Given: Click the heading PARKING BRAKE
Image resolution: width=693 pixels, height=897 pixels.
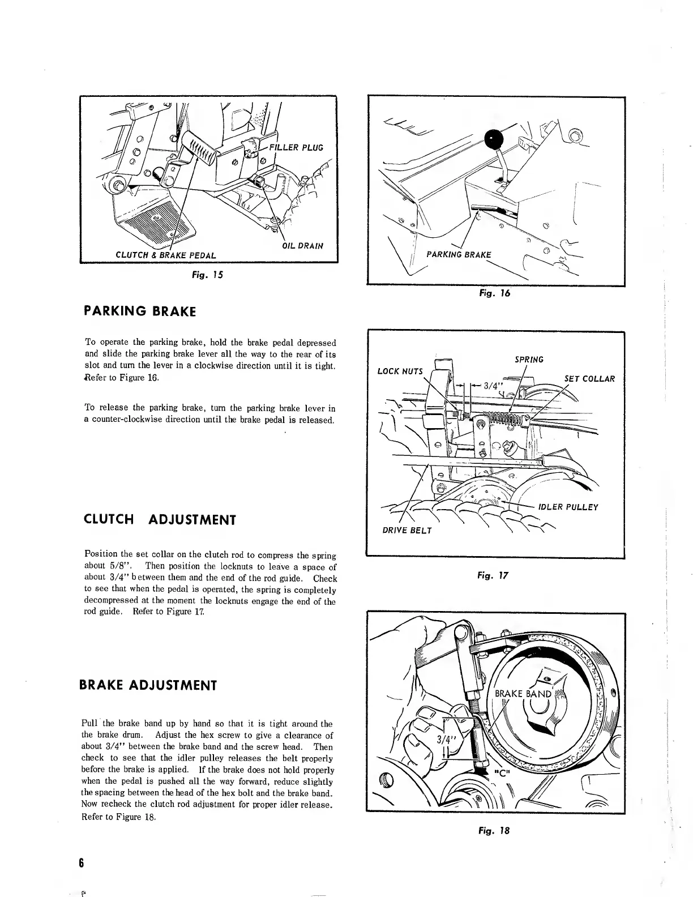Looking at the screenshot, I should click(x=140, y=311).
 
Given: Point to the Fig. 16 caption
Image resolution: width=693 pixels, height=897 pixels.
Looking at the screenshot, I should click(x=495, y=293).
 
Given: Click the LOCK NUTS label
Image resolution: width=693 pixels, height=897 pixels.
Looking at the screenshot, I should click(x=400, y=371).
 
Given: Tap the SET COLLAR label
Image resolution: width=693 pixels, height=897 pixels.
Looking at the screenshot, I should click(x=589, y=379).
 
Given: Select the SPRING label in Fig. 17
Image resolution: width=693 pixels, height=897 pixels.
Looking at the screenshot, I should click(x=529, y=360).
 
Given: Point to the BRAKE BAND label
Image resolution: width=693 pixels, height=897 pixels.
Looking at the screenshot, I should click(x=523, y=694).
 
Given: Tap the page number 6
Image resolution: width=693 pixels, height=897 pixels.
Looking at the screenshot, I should click(x=82, y=863).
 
